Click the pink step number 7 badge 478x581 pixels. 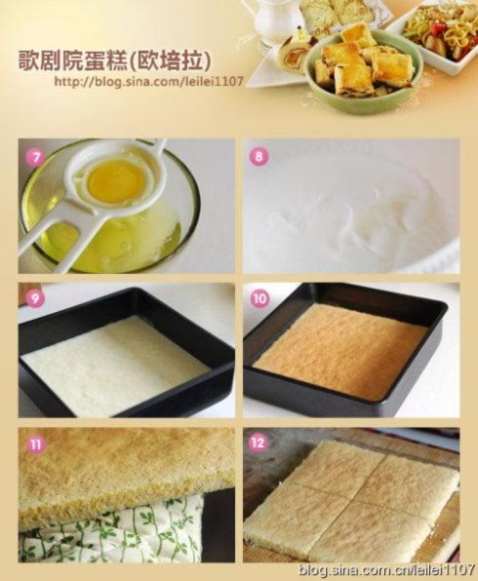35,158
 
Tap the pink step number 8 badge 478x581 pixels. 259,156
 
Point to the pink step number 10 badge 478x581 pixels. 259,298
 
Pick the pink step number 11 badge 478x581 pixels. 35,444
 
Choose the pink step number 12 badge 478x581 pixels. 259,443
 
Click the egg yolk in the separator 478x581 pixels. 115,181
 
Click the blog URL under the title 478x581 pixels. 148,81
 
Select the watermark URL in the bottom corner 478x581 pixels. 386,568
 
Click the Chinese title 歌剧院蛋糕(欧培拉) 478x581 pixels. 114,60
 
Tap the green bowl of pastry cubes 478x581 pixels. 364,70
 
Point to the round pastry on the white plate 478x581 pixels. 293,52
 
